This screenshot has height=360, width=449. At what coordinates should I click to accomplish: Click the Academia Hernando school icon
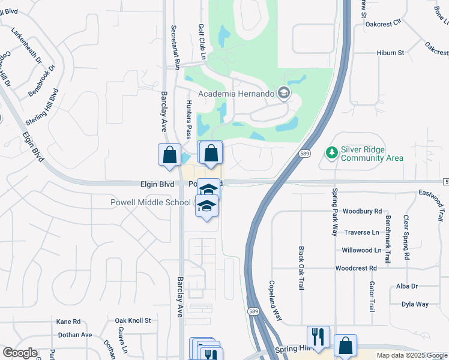[x=283, y=93]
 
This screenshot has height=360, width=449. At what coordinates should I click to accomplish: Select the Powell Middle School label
[x=151, y=202]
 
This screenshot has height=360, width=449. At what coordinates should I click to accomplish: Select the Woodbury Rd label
[x=362, y=211]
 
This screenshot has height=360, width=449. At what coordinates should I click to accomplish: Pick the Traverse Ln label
[x=362, y=232]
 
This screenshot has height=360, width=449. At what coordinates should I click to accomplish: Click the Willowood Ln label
[x=361, y=250]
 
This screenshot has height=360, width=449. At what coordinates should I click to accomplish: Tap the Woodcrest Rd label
[x=356, y=268]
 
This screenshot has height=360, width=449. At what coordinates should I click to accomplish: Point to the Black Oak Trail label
[x=301, y=268]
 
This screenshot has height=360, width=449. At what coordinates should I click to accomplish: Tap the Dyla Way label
[x=415, y=304]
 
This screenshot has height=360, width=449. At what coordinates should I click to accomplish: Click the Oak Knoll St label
[x=133, y=321]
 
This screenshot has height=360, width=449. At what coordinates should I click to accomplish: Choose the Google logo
[x=20, y=353]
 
